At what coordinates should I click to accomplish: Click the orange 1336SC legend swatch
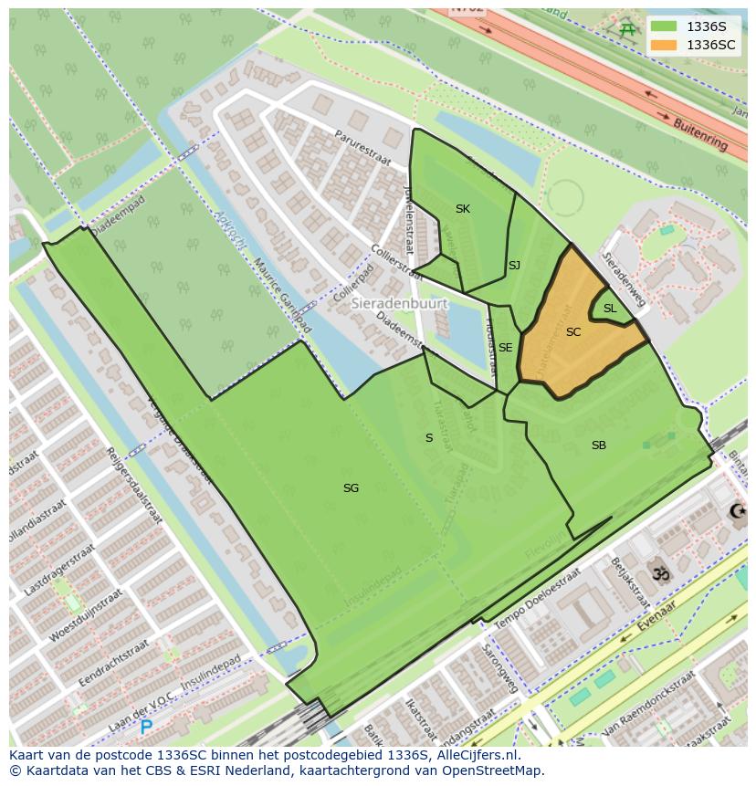[664, 45]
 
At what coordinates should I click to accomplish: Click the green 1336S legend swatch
[664, 26]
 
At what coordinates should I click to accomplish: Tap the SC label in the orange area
[573, 332]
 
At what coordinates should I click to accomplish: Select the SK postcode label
[463, 209]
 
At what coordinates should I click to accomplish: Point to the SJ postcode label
[514, 266]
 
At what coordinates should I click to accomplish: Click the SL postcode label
[610, 309]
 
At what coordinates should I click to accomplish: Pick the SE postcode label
[505, 348]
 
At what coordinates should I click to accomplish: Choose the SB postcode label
[599, 445]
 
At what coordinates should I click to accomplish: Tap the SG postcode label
[351, 488]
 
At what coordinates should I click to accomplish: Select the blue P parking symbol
[146, 728]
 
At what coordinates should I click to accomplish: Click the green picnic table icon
[627, 29]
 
